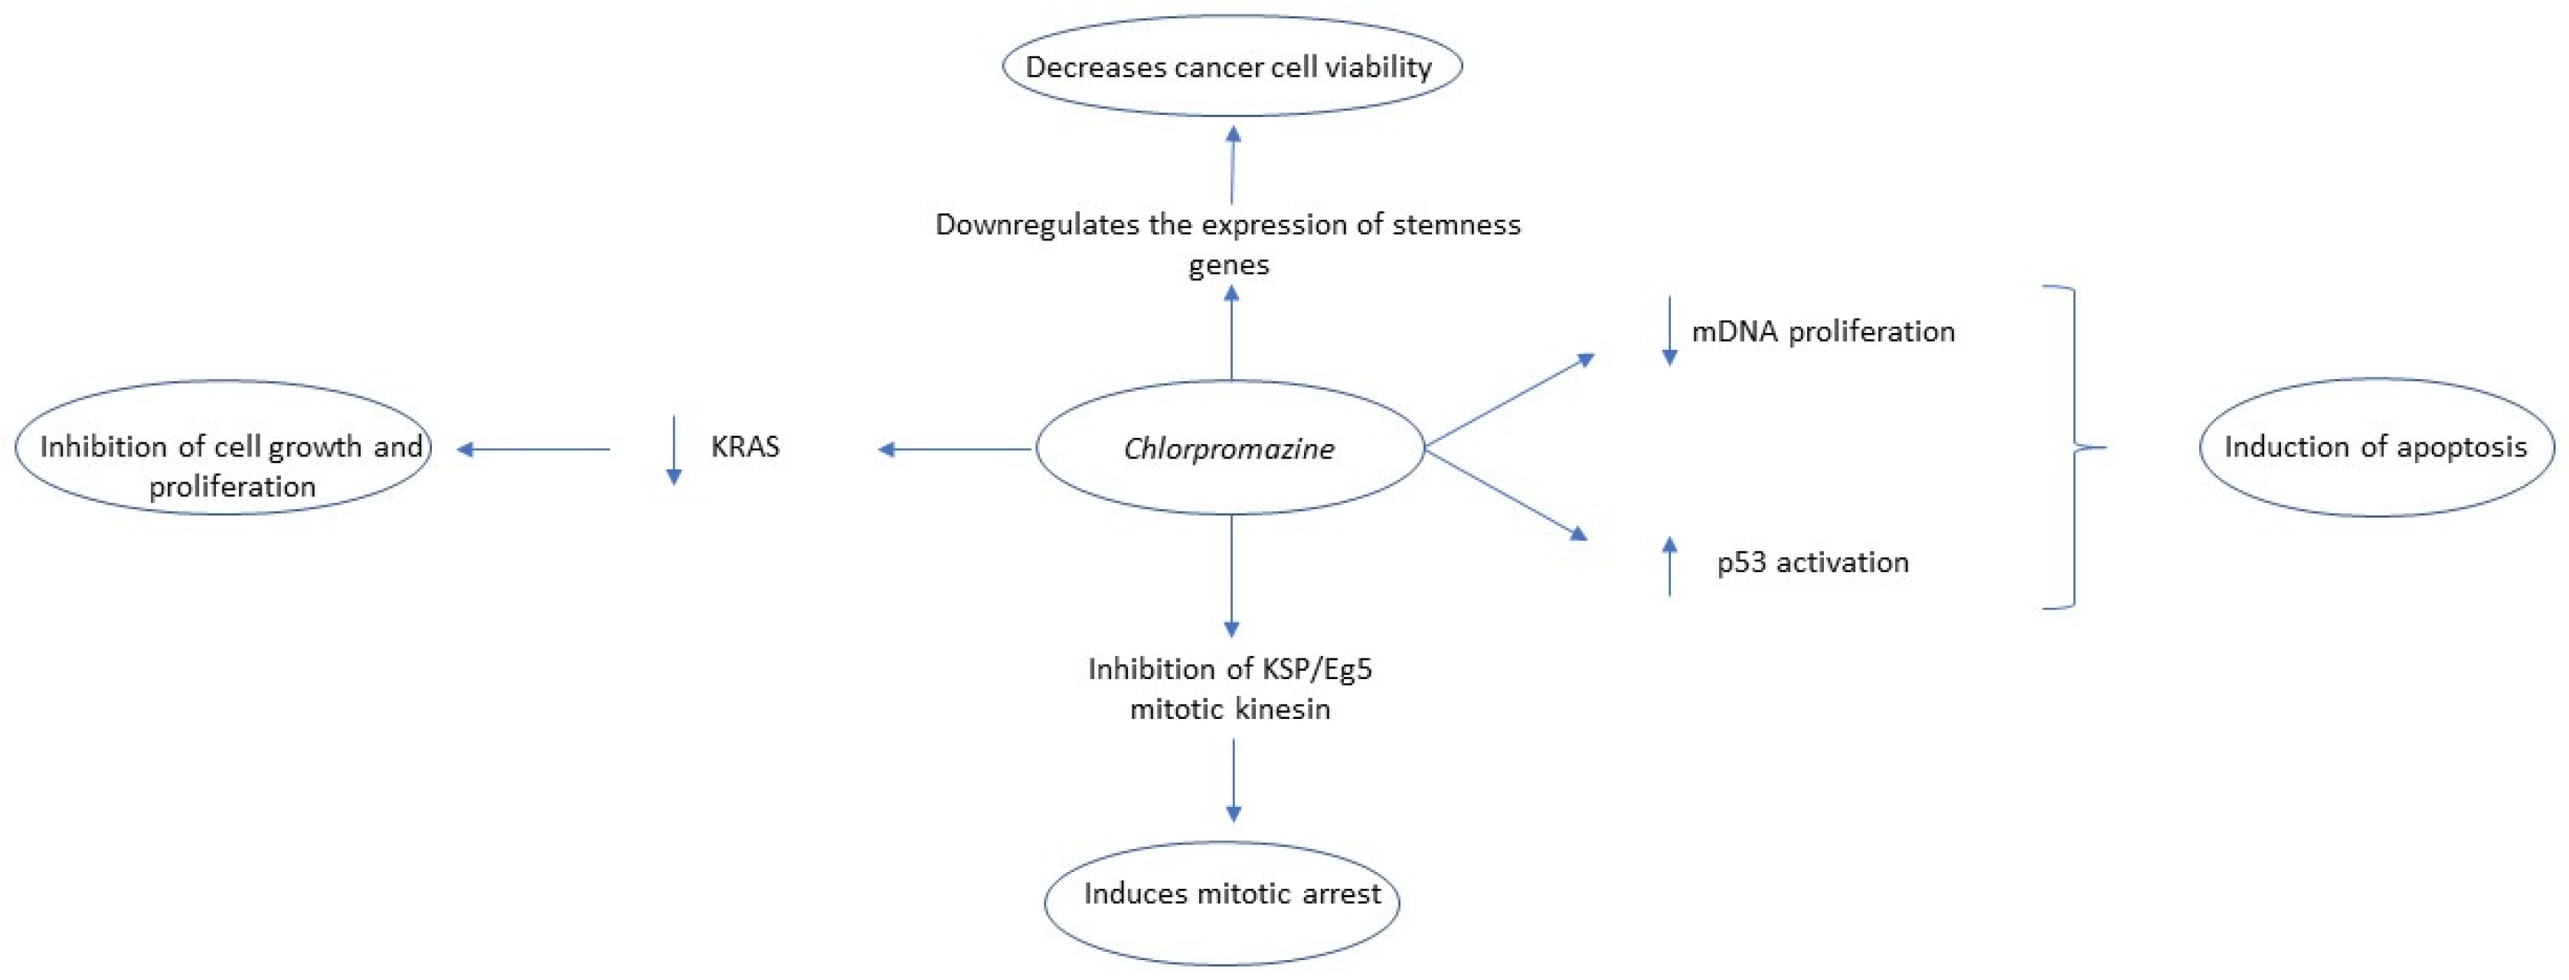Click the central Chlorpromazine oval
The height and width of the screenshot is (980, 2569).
coord(1229,449)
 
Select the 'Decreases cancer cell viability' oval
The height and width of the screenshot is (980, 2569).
coord(1231,67)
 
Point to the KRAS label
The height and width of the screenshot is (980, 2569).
coord(745,446)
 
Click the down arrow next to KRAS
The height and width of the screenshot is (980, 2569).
coord(674,451)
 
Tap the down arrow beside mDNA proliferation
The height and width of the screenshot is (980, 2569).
coord(1669,331)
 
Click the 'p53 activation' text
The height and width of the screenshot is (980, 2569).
coord(1812,562)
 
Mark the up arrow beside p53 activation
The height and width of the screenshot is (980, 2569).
coord(1669,565)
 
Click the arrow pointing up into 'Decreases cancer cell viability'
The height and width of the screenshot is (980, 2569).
coord(1233,165)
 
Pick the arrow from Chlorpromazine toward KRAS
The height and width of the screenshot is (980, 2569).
coord(954,449)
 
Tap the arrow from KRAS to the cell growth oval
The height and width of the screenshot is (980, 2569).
coord(534,449)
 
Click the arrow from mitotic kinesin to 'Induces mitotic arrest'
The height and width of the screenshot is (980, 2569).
coord(1233,781)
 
